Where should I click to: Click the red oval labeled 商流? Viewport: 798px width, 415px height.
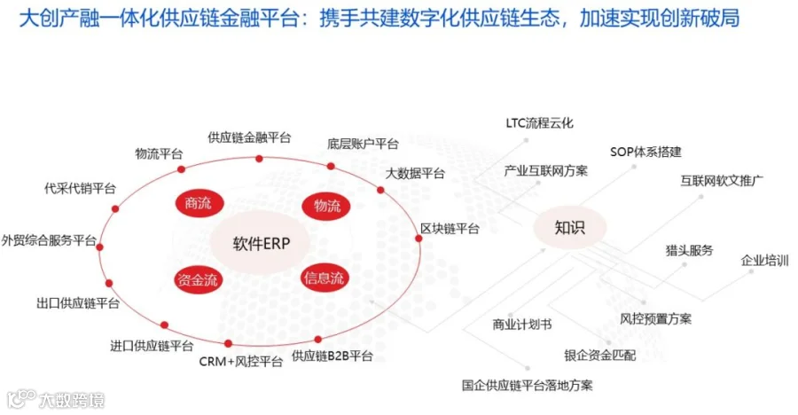pyautogui.click(x=198, y=203)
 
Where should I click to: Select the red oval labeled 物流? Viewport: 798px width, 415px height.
pyautogui.click(x=326, y=207)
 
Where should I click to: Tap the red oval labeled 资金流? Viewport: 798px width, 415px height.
pyautogui.click(x=198, y=279)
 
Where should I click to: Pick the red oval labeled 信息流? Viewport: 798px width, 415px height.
pyautogui.click(x=325, y=278)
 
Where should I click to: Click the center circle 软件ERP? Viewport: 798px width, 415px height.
pyautogui.click(x=261, y=243)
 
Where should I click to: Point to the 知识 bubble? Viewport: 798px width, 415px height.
pyautogui.click(x=570, y=227)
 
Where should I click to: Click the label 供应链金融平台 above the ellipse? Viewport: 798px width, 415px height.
pyautogui.click(x=249, y=137)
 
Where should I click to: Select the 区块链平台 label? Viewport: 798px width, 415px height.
pyautogui.click(x=450, y=229)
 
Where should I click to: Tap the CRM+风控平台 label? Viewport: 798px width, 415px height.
pyautogui.click(x=240, y=362)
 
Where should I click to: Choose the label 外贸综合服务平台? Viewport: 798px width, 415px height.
pyautogui.click(x=49, y=240)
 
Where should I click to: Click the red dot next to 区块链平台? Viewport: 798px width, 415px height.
pyautogui.click(x=419, y=239)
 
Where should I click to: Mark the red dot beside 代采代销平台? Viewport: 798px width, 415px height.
pyautogui.click(x=115, y=208)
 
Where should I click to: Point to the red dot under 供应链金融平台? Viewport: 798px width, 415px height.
pyautogui.click(x=259, y=159)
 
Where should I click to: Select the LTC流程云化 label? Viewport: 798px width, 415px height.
pyautogui.click(x=539, y=122)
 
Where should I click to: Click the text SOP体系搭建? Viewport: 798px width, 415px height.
pyautogui.click(x=645, y=152)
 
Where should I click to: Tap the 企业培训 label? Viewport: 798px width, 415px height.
pyautogui.click(x=764, y=261)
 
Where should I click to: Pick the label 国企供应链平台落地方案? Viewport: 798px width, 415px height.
pyautogui.click(x=528, y=385)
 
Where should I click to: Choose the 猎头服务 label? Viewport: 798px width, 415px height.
pyautogui.click(x=689, y=250)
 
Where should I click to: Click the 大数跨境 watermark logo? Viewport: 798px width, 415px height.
pyautogui.click(x=56, y=400)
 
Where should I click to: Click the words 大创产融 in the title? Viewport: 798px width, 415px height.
pyautogui.click(x=59, y=19)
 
